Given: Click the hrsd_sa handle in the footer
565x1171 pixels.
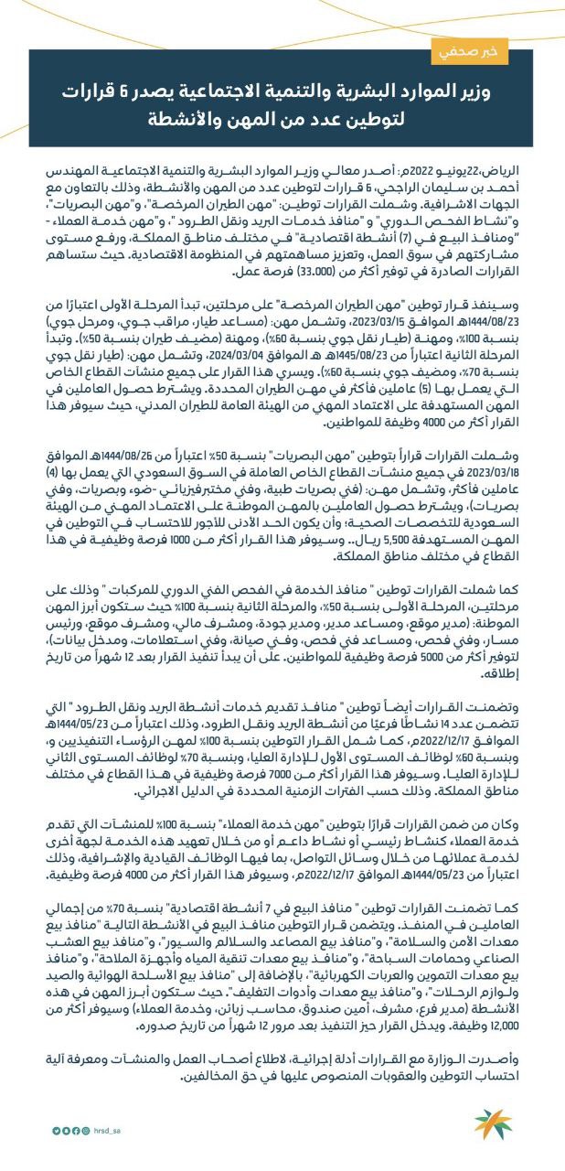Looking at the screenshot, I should pyautogui.click(x=109, y=1130).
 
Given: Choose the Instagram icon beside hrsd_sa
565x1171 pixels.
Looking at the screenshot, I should pyautogui.click(x=85, y=1130).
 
